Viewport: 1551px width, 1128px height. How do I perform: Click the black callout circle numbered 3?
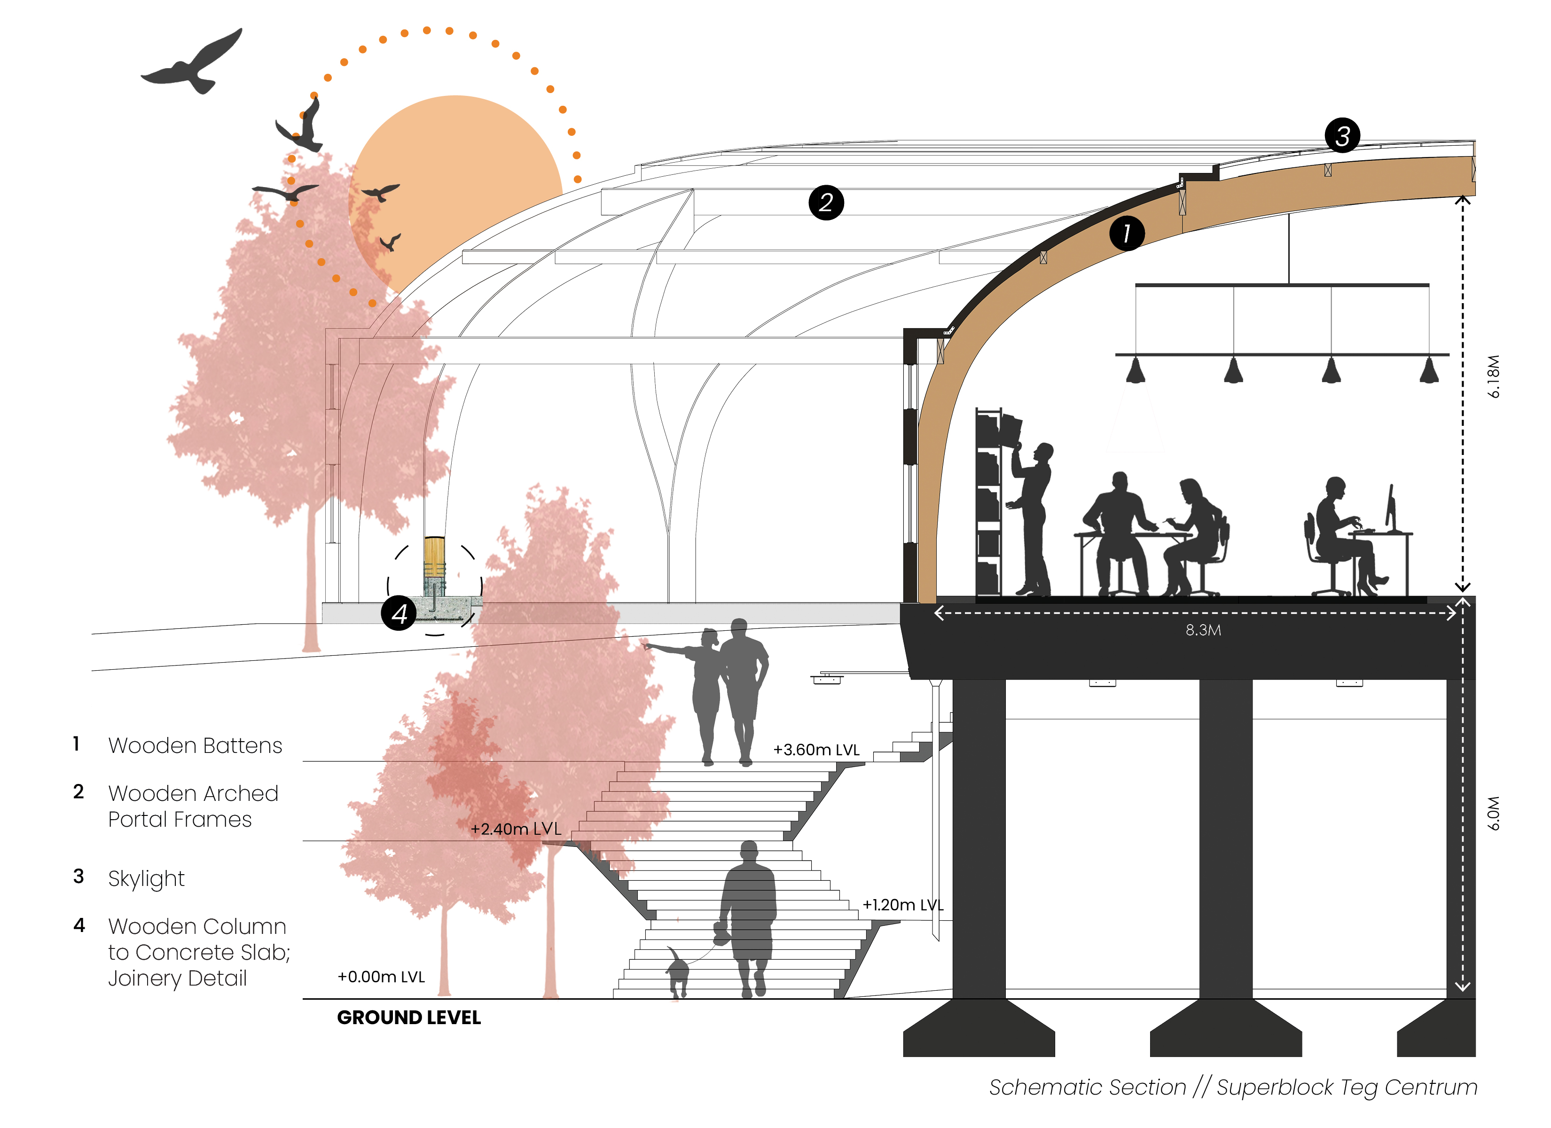(1342, 135)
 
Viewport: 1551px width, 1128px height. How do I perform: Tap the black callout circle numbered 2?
(825, 203)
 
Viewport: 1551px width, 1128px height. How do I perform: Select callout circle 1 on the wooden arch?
(1126, 233)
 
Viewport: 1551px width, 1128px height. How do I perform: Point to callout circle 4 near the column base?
(399, 612)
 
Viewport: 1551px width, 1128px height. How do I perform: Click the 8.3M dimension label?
(1203, 630)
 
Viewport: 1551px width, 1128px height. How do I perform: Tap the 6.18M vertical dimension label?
(1494, 376)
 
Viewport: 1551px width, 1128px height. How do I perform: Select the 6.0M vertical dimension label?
(1494, 813)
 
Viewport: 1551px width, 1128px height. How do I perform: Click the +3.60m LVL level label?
(816, 750)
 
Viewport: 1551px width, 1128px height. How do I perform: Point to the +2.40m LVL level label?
(516, 829)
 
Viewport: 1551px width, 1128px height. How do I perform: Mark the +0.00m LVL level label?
(381, 977)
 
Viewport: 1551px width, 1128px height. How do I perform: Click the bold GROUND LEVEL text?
(409, 1018)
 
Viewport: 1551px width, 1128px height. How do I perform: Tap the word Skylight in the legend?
(146, 878)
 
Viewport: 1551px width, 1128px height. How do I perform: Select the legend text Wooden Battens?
(195, 745)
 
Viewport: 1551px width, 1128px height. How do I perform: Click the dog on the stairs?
(678, 971)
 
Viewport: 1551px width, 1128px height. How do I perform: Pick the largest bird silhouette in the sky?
(195, 65)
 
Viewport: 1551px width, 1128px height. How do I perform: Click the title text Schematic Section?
(1087, 1088)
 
